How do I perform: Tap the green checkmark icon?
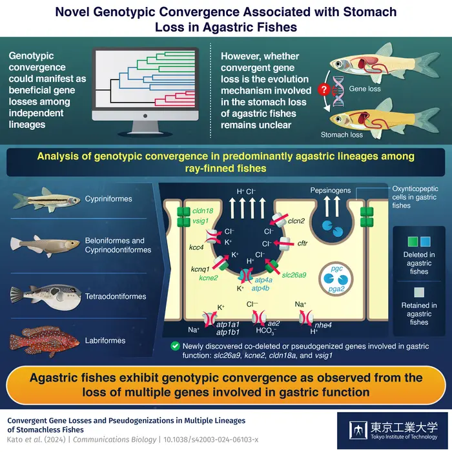coord(176,346)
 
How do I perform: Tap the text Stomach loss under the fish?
coord(342,135)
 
